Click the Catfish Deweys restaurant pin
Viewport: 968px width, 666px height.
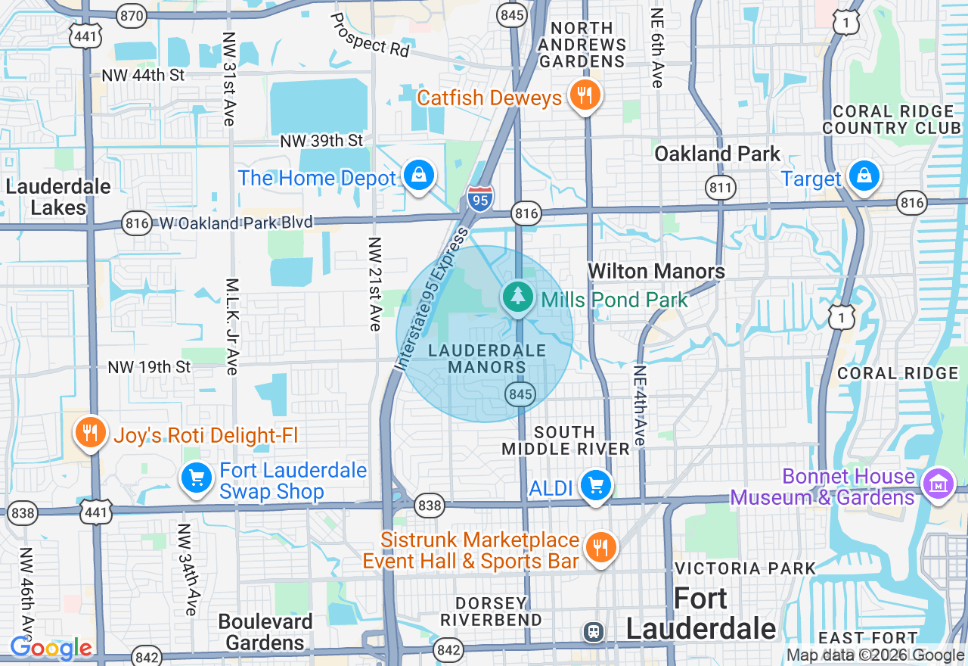tap(583, 96)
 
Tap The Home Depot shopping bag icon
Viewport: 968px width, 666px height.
tap(417, 176)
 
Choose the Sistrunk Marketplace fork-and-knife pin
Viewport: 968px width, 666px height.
tap(600, 547)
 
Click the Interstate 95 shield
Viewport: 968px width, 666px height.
tap(479, 198)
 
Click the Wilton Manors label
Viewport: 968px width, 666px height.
tap(656, 271)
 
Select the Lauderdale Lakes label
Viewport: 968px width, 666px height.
tap(58, 197)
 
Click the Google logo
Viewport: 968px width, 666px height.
tap(51, 648)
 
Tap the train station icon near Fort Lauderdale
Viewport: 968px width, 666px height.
tap(593, 631)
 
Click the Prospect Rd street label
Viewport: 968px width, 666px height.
tap(370, 35)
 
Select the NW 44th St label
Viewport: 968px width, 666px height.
tap(144, 76)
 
